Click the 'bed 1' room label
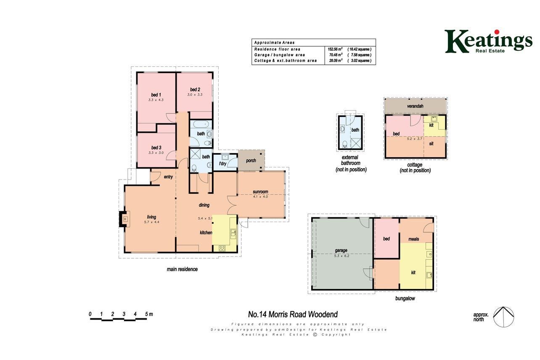click(x=156, y=95)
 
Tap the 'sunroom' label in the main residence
click(x=260, y=192)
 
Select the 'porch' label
click(x=251, y=161)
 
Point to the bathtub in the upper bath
click(x=201, y=124)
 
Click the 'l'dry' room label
click(x=222, y=164)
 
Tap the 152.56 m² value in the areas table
click(x=335, y=49)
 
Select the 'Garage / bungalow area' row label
click(x=279, y=55)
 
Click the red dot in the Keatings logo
click(x=497, y=32)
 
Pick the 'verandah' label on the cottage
click(x=415, y=106)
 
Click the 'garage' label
click(x=341, y=251)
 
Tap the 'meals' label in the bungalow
click(x=414, y=239)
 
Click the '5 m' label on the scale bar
click(x=149, y=314)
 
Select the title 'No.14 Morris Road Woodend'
click(x=293, y=315)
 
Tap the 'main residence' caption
click(x=182, y=269)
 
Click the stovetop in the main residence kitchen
click(x=222, y=249)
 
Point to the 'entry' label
click(x=168, y=177)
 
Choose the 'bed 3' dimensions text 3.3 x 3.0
click(x=156, y=153)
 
